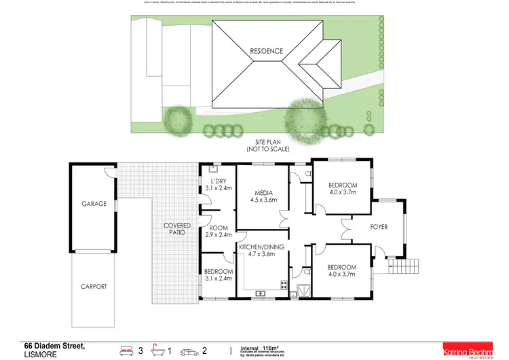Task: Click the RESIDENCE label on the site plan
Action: pos(265,51)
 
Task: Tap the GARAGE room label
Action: pos(94,203)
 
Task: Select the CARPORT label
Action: pos(94,287)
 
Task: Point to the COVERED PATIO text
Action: pos(176,229)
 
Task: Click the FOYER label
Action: pos(379,226)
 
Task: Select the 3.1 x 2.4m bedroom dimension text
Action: pos(218,278)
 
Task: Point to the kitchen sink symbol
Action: pos(259,293)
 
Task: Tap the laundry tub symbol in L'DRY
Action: pos(212,170)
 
